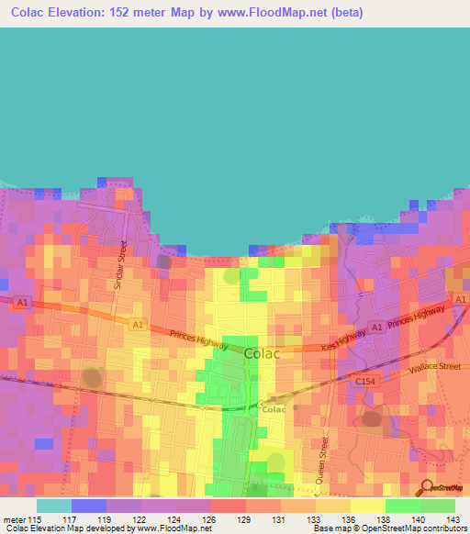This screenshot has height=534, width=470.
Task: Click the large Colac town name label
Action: tap(264, 351)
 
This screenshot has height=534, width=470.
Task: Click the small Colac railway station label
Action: tap(275, 410)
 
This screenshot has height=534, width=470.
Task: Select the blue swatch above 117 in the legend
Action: tap(88, 506)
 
